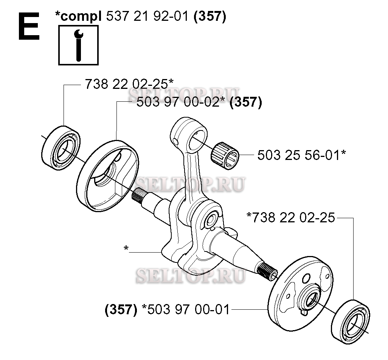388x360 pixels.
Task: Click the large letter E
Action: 29,26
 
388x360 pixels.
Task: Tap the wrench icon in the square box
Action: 79,45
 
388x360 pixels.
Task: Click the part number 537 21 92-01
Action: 147,17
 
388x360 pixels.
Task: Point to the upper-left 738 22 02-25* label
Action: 129,84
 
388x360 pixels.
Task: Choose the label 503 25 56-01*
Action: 302,155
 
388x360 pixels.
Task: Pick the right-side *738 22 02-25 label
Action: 291,218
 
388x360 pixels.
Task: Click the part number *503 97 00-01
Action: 186,310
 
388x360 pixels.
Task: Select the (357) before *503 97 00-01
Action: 121,310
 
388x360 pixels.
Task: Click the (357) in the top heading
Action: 210,17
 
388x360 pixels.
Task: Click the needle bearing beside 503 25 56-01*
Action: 225,156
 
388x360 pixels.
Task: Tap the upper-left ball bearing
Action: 61,148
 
